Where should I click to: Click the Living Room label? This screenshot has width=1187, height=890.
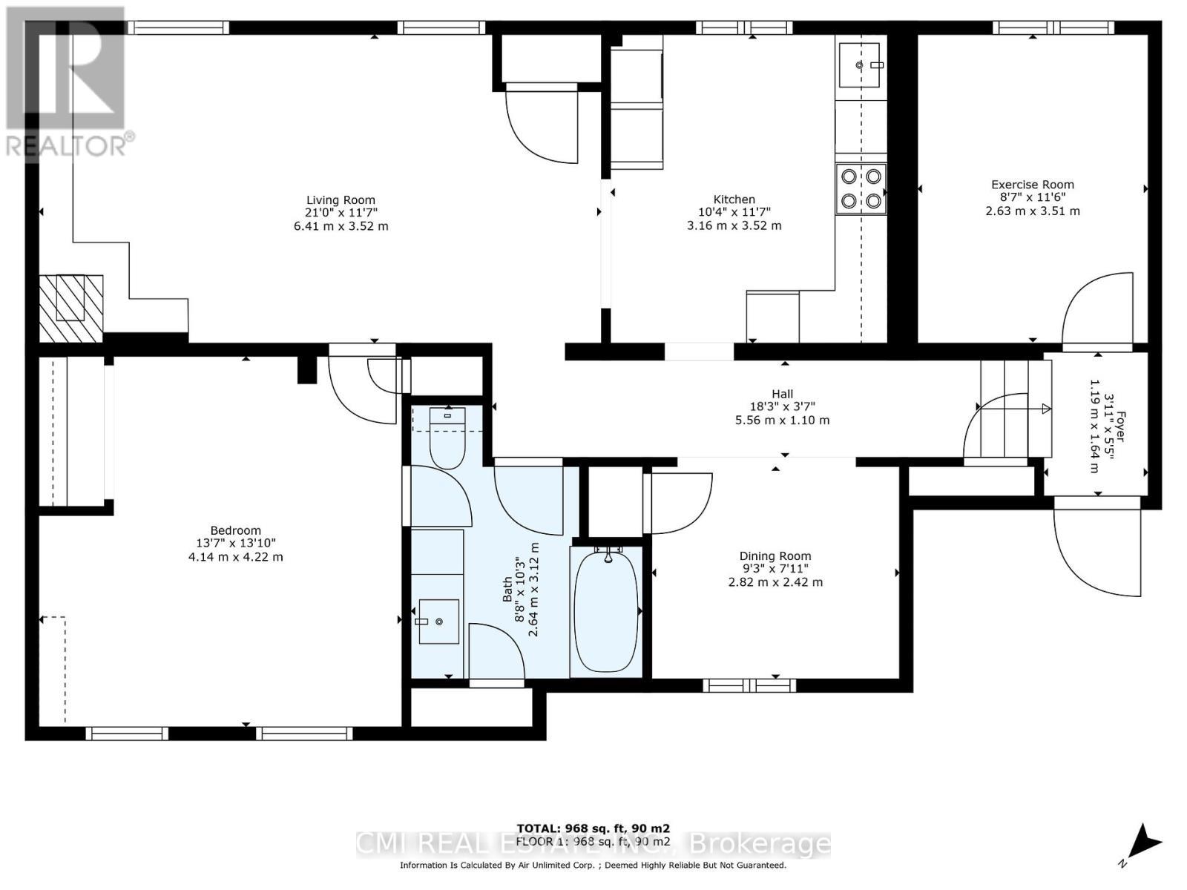coord(341,200)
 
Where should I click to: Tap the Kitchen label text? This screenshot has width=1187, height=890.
coord(734,200)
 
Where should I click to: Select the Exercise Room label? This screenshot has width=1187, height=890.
coord(1032,185)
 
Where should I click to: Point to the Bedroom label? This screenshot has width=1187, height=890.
coord(235,530)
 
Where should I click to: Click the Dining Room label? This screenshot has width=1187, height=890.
coord(775,556)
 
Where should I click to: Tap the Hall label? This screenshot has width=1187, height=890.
coord(782,395)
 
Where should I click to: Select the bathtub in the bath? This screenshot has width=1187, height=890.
coord(606,611)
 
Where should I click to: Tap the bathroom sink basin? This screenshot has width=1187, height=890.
coord(438,622)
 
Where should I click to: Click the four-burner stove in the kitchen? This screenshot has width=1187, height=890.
coord(861,188)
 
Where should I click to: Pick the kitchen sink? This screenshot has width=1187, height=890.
coord(860,65)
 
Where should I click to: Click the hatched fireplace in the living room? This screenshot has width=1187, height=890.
coord(70,308)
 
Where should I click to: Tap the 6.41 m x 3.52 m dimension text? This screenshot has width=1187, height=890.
coord(341,225)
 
